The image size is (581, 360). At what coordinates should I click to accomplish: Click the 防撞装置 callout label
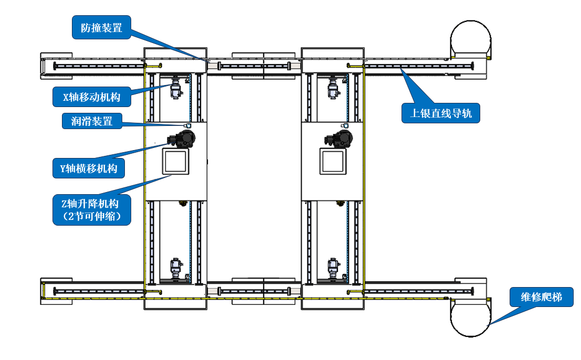101,27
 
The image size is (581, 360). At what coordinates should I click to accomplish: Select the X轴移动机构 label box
91,97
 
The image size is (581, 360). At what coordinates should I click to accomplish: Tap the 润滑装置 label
92,121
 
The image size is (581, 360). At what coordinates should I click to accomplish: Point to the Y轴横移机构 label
89,168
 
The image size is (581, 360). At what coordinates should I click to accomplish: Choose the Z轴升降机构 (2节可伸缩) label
91,210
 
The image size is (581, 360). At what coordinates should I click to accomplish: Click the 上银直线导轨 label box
440,113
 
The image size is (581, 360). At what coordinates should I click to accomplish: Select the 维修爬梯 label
541,297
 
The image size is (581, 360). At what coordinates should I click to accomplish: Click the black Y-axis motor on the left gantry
182,139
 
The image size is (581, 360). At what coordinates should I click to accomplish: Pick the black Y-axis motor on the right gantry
339,139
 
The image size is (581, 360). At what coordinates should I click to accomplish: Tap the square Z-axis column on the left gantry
176,162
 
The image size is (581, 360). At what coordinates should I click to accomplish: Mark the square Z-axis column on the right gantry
333,162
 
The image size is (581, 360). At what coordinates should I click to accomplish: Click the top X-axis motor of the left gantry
176,88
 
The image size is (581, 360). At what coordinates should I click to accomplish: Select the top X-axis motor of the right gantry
333,88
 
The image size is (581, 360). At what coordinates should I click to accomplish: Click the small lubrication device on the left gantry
188,126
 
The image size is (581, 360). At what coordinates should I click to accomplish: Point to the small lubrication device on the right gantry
345,126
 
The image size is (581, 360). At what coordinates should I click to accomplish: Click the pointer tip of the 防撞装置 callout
207,61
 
